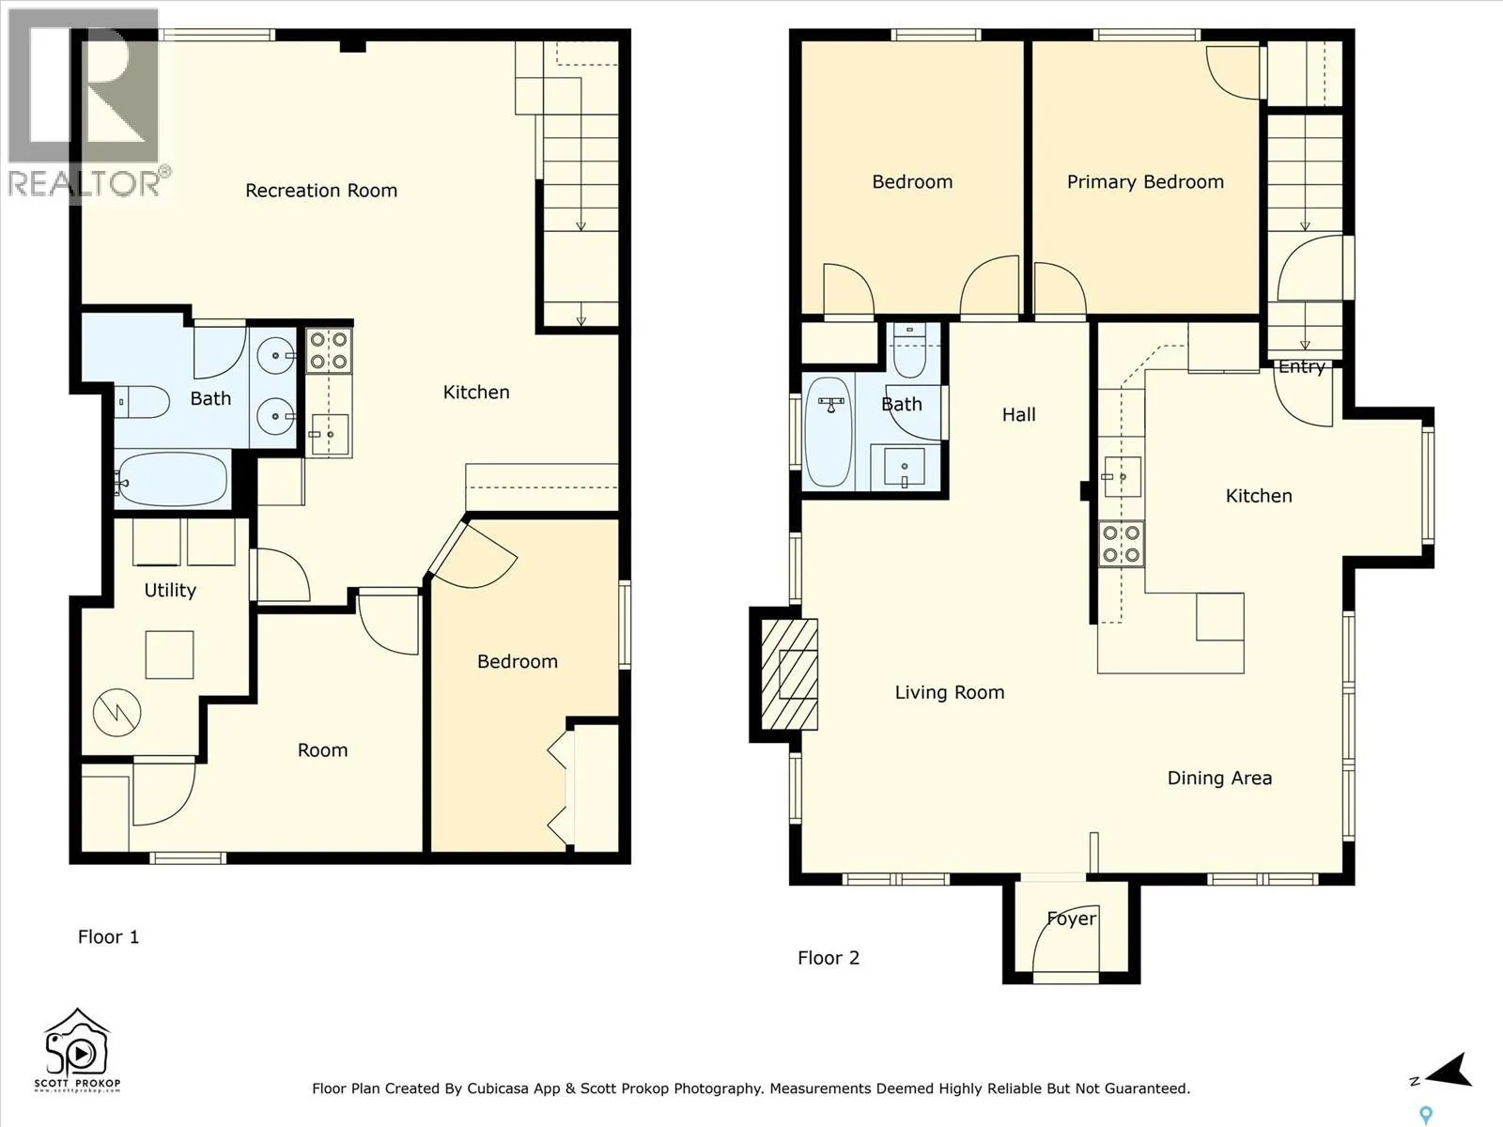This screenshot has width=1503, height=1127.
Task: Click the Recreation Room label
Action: point(321,191)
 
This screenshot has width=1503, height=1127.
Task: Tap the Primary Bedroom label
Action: point(1145,182)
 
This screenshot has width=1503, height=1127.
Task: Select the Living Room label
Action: point(950,692)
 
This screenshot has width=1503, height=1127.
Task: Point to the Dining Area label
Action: point(1219,778)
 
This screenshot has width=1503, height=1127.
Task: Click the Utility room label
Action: point(170,591)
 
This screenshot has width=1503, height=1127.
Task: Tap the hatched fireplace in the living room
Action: point(789,674)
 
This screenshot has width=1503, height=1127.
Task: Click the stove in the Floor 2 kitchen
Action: point(1121,544)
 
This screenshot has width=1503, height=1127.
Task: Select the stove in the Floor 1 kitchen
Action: point(329,350)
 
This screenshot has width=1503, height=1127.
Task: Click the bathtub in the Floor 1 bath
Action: point(173,479)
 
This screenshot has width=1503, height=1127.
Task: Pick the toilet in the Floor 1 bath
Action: point(141,402)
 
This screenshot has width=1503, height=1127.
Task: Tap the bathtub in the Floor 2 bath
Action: point(829,432)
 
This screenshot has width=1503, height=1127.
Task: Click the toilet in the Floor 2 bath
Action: point(909,350)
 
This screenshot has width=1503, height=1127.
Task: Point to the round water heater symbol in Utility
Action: point(116,712)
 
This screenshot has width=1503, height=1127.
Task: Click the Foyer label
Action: point(1072,919)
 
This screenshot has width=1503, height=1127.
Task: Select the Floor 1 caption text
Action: point(108,936)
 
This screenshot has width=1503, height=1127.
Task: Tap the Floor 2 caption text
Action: point(829,957)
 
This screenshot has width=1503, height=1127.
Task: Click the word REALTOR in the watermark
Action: point(83,183)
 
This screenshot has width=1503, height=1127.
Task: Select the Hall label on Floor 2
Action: point(1019,415)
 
